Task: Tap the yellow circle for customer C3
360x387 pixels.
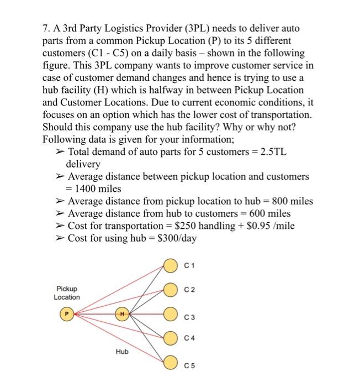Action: pos(170,315)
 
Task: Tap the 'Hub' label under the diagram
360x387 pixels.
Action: pos(122,351)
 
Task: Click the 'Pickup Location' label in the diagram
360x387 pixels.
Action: pos(66,293)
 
